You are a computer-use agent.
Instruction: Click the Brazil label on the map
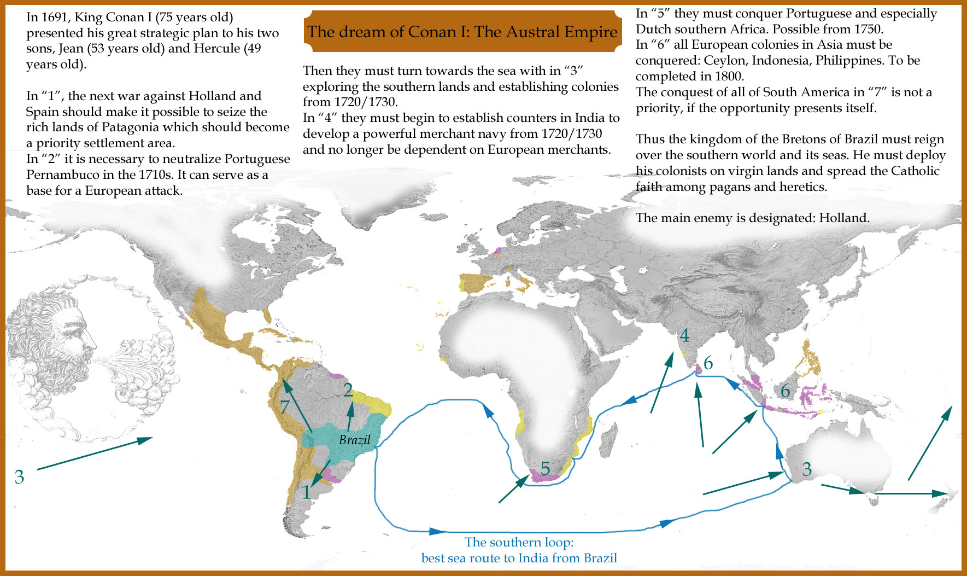click(x=354, y=440)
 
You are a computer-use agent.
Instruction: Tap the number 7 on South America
click(x=284, y=406)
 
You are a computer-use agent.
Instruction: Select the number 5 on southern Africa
click(x=545, y=468)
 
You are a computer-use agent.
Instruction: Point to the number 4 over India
click(x=684, y=335)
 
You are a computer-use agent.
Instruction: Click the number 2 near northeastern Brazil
click(x=348, y=389)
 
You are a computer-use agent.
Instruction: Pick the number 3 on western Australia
click(x=807, y=469)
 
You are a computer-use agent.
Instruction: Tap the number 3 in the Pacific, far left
click(x=20, y=477)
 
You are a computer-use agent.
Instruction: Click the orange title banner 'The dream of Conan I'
click(x=462, y=32)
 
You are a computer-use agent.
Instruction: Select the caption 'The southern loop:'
click(x=519, y=542)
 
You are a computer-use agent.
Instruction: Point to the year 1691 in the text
click(x=56, y=17)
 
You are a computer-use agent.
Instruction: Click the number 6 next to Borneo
click(x=786, y=391)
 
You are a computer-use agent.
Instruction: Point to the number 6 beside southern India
click(x=708, y=363)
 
